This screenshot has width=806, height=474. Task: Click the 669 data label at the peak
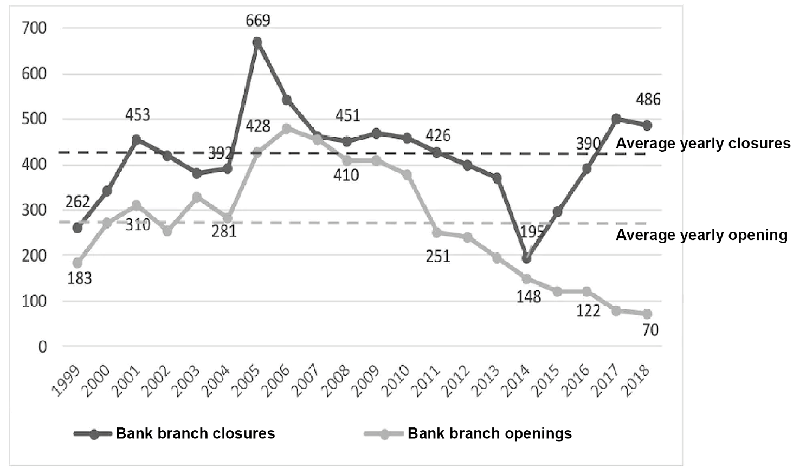pos(257,21)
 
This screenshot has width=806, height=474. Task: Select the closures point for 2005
pos(257,42)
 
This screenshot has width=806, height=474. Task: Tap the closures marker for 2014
pos(526,258)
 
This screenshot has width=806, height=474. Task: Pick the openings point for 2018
pos(647,314)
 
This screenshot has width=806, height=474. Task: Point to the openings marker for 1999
pos(78,263)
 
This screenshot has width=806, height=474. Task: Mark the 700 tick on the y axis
pos(34,28)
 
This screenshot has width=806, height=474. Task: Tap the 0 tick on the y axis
pos(42,347)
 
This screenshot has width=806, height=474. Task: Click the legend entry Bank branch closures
pos(195,433)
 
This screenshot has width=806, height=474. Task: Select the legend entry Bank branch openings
pos(489,433)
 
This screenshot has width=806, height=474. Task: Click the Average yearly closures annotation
pos(703,143)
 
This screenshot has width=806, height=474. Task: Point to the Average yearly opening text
pos(701,235)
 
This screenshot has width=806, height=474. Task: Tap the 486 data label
pos(648,100)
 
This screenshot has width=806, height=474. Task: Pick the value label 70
pos(650,329)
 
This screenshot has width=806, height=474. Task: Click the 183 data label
pos(79,278)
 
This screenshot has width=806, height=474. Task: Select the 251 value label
pos(438,256)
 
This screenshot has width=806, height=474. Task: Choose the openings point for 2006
pos(287,128)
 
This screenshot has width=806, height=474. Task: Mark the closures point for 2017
pos(616,119)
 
